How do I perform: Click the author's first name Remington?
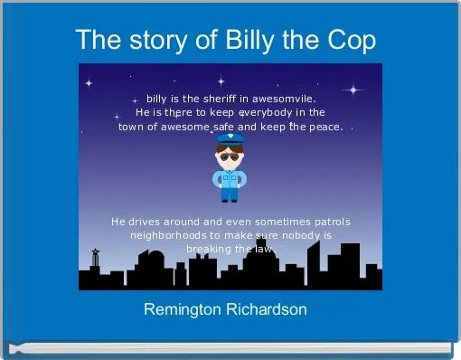pos(186,309)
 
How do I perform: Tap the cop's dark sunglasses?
pos(230,159)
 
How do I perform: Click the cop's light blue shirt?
pos(230,177)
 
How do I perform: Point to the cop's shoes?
pos(230,199)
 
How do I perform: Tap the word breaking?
pos(207,249)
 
